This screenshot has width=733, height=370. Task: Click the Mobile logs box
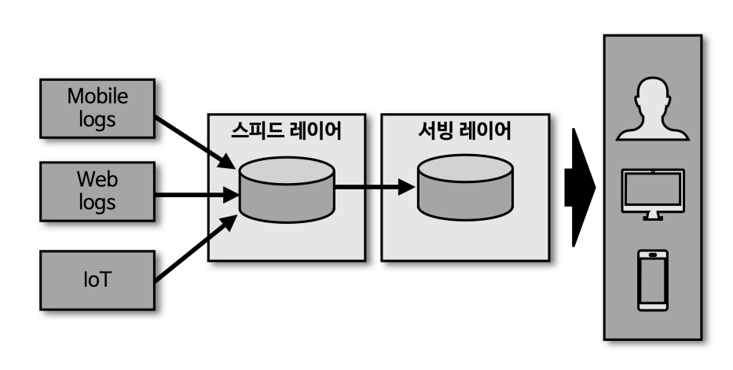[x=97, y=107]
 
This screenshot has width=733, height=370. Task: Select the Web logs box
[x=97, y=188]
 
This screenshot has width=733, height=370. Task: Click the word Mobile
[x=97, y=97]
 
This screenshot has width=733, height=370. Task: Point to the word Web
[x=97, y=177]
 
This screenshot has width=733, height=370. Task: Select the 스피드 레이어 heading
[x=287, y=130]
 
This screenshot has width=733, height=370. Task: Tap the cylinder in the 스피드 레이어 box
[x=287, y=188]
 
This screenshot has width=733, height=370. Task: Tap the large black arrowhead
[x=580, y=188]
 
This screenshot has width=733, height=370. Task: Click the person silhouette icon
[x=651, y=110]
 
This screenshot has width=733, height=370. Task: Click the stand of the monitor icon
[x=652, y=214]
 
